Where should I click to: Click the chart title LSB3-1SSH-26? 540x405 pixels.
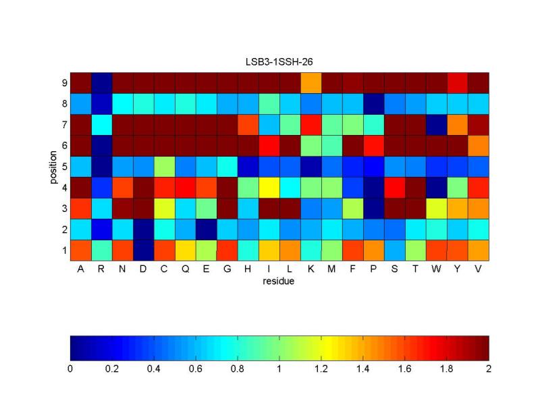(279, 61)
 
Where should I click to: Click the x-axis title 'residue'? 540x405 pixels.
(279, 280)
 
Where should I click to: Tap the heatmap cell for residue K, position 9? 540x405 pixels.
(310, 82)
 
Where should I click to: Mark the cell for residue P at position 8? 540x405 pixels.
(373, 103)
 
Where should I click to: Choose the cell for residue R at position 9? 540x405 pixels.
(101, 82)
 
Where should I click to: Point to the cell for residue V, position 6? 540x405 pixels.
(478, 145)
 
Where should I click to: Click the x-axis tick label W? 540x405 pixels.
(436, 269)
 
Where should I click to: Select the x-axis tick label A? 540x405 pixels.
(80, 269)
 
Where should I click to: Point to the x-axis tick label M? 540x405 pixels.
(331, 269)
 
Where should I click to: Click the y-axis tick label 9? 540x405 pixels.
(64, 82)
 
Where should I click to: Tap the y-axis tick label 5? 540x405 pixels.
(64, 166)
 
